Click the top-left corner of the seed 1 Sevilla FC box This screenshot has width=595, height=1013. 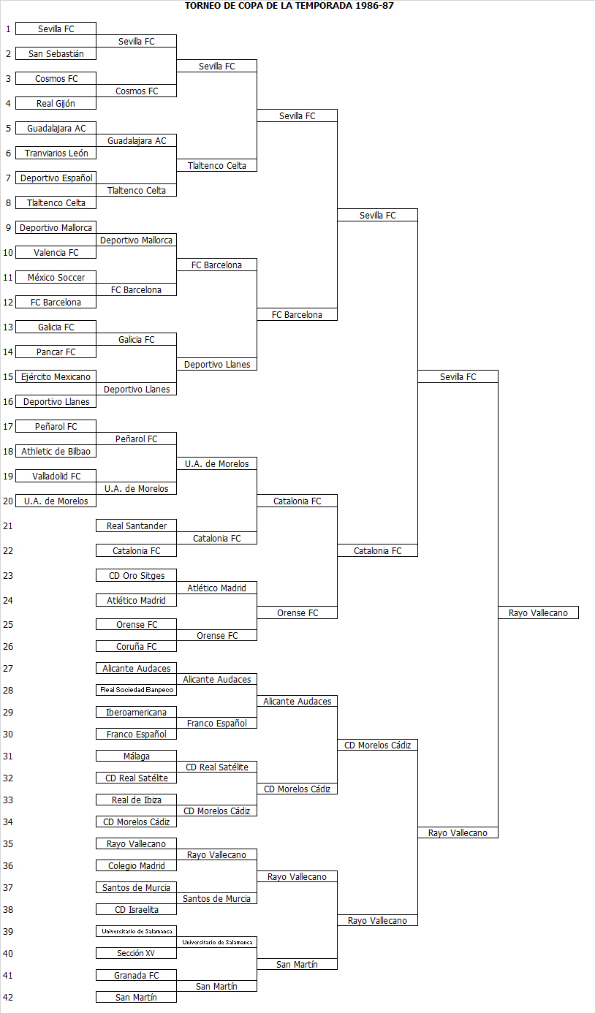tap(16, 23)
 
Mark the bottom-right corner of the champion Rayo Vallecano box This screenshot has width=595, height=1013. tap(579, 618)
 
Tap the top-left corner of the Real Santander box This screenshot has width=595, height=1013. tap(96, 519)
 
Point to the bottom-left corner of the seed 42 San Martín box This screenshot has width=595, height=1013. tap(96, 1003)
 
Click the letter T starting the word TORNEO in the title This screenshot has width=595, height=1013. tap(188, 6)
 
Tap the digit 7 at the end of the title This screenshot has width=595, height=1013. tap(391, 6)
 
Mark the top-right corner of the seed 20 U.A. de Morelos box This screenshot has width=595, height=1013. tap(96, 495)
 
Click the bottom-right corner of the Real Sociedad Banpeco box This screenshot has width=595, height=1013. tap(176, 695)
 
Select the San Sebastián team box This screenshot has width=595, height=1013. tap(56, 54)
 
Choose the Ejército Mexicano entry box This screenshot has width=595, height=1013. tap(56, 376)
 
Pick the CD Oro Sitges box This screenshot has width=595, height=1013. tap(136, 575)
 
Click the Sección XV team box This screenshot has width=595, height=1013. tap(136, 953)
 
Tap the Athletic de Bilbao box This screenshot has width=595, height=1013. tap(56, 452)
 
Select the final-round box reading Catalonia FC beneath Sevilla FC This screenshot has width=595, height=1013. tap(377, 550)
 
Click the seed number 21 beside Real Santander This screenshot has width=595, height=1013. tap(8, 526)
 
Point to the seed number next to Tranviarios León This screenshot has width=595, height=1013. tap(8, 153)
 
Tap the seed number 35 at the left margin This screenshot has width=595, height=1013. tap(8, 844)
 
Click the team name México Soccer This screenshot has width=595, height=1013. tap(56, 277)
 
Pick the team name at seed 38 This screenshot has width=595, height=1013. tap(136, 909)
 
